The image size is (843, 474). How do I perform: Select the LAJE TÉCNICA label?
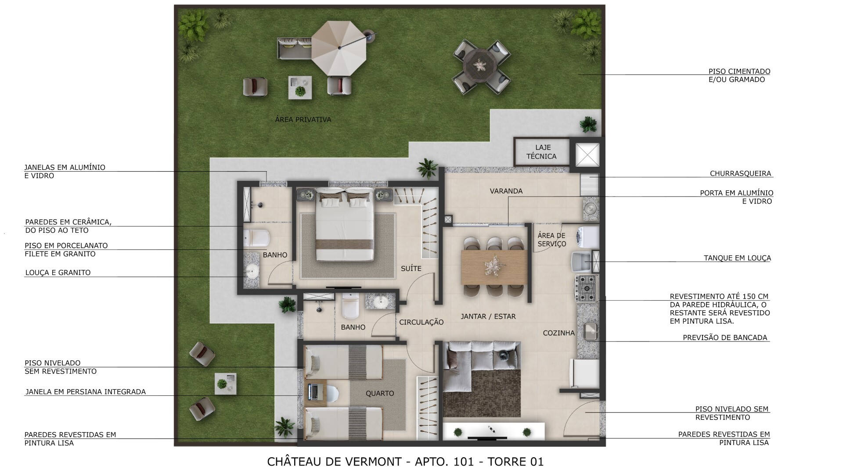pos(542,152)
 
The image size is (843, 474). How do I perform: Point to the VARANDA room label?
pos(506,191)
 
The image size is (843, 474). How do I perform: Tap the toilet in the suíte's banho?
pos(256,238)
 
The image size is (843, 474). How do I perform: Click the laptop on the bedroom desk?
pos(313,392)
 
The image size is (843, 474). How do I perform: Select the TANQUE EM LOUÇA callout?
pos(737,258)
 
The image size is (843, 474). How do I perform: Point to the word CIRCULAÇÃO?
pos(421,322)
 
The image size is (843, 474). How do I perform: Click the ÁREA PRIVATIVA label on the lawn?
pos(303,119)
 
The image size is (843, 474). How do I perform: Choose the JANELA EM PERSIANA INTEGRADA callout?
pos(85,391)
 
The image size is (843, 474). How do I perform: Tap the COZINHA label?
pos(558,333)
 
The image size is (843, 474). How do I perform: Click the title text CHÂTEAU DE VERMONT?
pos(334,461)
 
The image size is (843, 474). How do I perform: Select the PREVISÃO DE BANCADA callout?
pos(724,338)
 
